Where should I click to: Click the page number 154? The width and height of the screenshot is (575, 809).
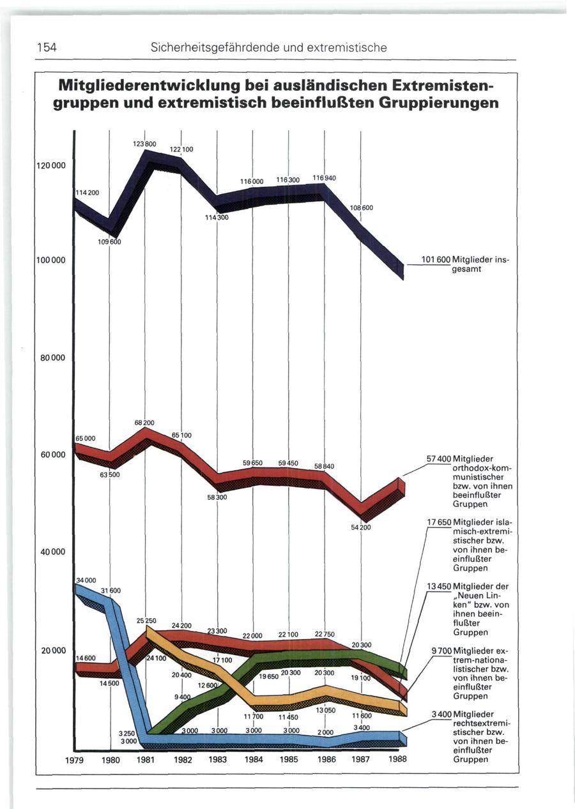coord(46,47)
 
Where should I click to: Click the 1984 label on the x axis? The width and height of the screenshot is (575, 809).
coord(254,760)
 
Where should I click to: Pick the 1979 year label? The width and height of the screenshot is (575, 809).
coord(75,760)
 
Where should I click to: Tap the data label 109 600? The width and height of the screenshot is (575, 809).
coord(109,242)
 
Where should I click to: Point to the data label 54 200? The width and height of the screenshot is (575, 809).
coord(360,528)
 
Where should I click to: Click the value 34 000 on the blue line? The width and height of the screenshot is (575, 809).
coord(86,580)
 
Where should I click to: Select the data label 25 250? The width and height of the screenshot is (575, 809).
coord(147,621)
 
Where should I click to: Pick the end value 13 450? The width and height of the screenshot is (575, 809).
coord(439,586)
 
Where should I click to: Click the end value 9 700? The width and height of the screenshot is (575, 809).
coord(441,651)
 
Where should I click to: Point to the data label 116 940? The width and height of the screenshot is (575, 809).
coord(325,177)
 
